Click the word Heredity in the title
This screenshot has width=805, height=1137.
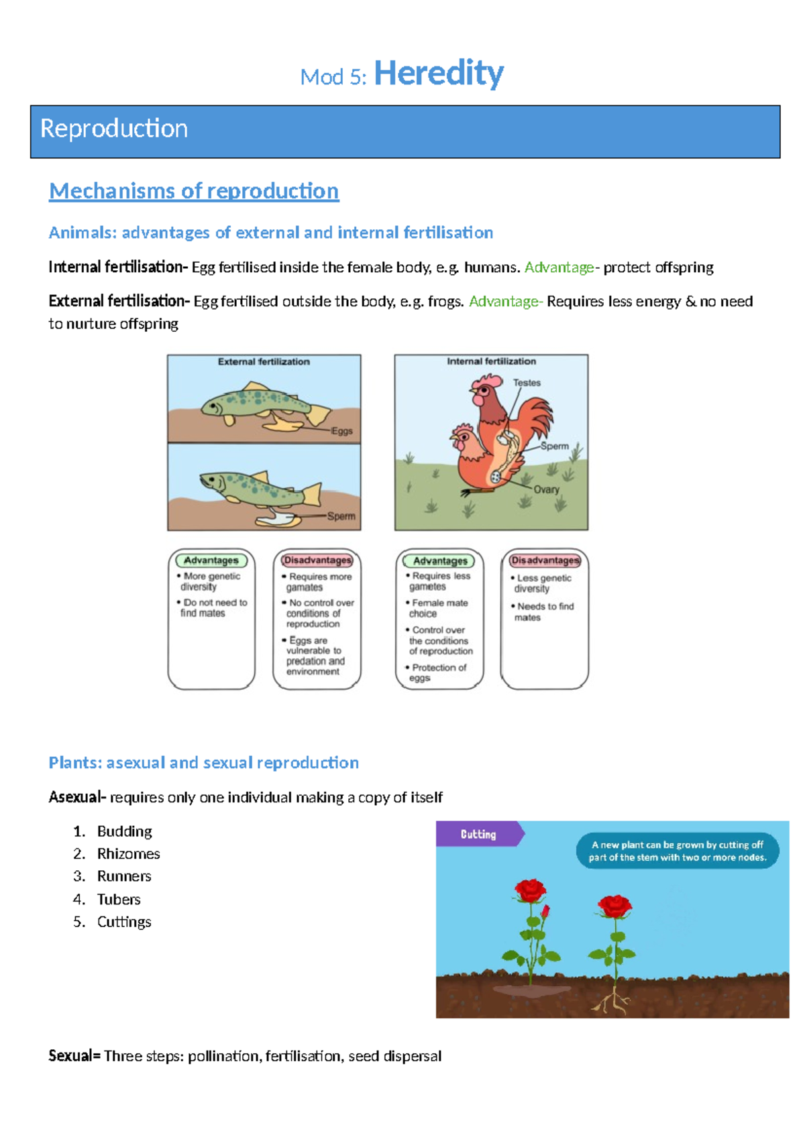click(438, 73)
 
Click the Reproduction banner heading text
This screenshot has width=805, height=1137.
click(114, 129)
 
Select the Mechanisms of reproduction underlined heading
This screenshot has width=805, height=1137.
click(194, 191)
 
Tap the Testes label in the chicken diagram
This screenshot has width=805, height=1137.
click(527, 383)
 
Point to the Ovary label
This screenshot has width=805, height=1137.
click(546, 489)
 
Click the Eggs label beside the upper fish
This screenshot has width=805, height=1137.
click(341, 431)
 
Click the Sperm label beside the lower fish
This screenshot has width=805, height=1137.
click(341, 516)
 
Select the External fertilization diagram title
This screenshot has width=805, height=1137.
click(264, 361)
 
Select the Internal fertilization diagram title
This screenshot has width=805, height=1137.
click(491, 361)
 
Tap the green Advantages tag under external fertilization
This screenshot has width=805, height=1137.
click(211, 560)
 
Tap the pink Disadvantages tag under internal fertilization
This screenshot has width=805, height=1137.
click(545, 560)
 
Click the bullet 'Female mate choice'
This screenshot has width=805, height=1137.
click(439, 608)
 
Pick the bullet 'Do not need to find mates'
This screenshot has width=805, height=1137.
click(213, 607)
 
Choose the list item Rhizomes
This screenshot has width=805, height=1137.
click(128, 854)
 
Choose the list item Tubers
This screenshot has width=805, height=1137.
click(119, 900)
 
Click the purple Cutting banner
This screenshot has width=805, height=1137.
click(478, 834)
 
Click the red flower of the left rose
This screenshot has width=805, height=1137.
click(531, 892)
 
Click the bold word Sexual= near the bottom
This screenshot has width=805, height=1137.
click(74, 1057)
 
